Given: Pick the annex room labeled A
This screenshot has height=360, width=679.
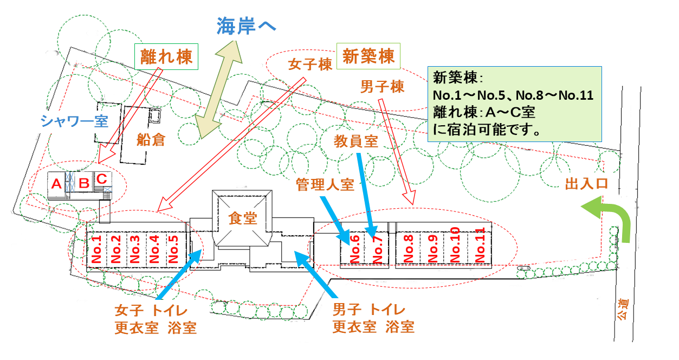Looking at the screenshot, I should (x=56, y=184).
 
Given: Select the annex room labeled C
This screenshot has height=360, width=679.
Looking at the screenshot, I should (x=101, y=178).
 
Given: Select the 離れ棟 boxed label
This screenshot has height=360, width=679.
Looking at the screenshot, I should (x=166, y=57).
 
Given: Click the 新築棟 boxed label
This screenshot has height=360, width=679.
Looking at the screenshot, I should (x=368, y=56).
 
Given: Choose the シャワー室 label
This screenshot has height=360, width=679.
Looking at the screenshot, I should (x=74, y=121).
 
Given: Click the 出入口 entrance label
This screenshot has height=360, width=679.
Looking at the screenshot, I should (x=584, y=184).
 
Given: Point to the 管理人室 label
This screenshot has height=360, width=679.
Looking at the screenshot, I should (x=325, y=184).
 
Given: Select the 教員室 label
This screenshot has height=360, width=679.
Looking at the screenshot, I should (x=355, y=142).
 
